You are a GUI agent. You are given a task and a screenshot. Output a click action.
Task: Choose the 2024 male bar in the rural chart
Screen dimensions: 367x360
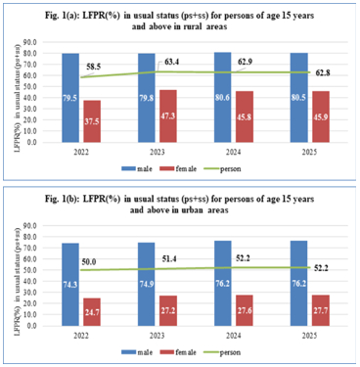219,97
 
